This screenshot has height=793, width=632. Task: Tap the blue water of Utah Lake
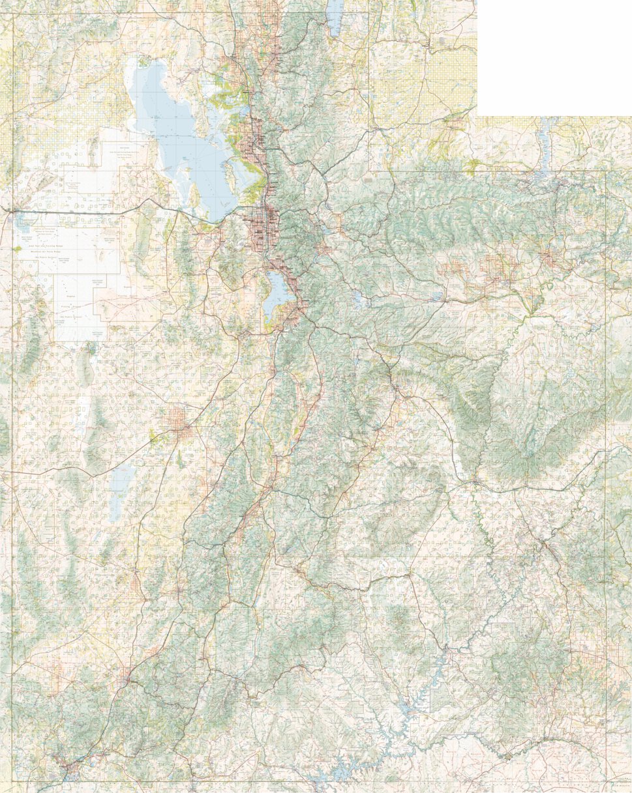277,293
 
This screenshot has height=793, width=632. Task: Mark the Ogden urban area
254,130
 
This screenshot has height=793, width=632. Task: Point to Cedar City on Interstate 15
124,680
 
